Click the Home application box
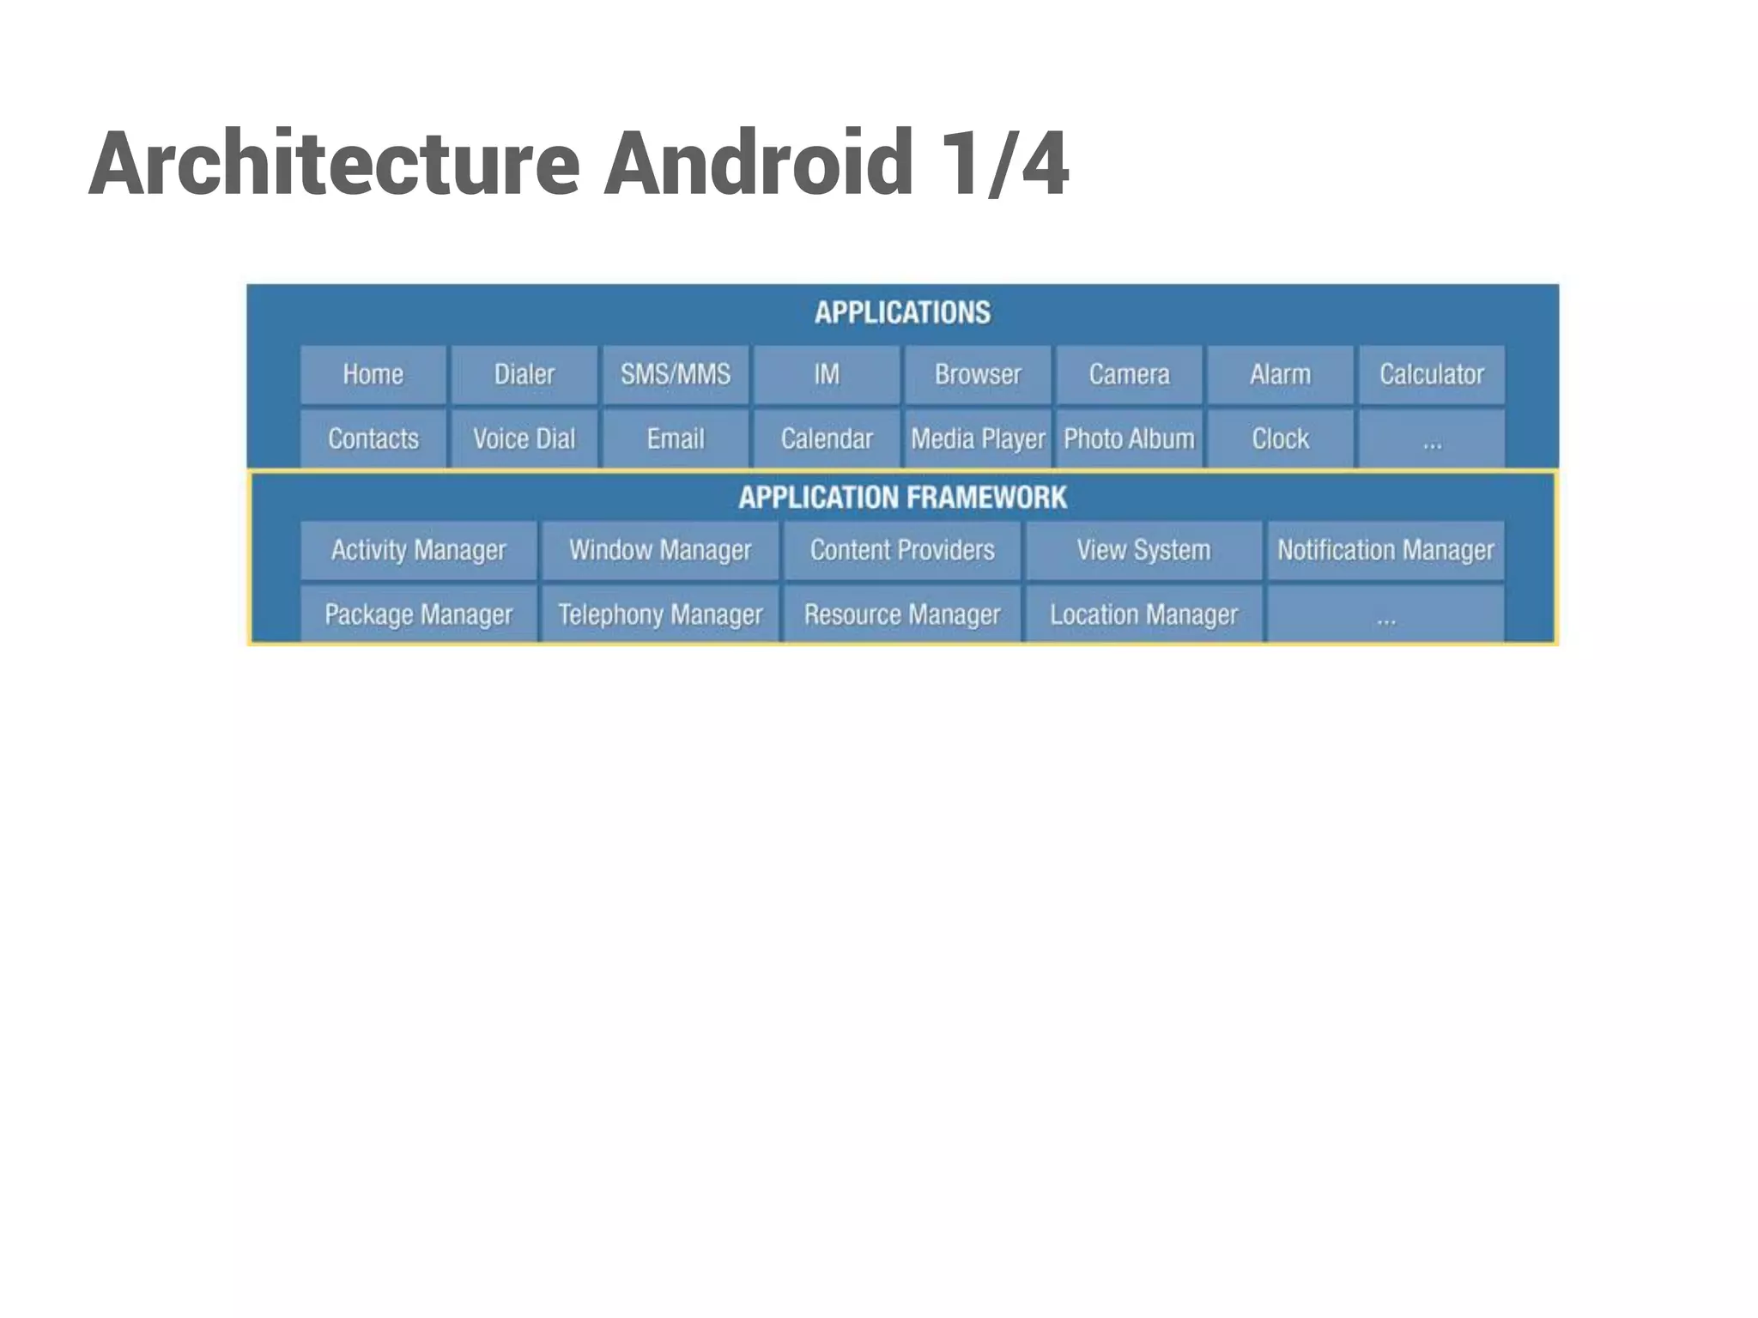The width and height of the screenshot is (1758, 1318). [373, 375]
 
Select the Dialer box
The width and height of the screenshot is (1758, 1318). [524, 375]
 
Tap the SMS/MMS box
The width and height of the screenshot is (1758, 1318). [676, 375]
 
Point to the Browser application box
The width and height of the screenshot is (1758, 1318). [978, 375]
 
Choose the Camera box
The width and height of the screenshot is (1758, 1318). [1129, 375]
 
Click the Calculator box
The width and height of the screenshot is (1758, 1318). [1431, 375]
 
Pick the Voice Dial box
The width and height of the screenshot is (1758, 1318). [524, 439]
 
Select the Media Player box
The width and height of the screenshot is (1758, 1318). [978, 439]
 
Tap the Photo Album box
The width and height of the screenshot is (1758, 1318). [1129, 439]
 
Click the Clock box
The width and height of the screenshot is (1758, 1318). [1280, 439]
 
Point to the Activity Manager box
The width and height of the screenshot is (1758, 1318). [419, 550]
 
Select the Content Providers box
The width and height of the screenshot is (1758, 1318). [902, 550]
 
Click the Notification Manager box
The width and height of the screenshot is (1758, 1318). [1385, 550]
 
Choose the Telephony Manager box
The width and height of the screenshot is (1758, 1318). [660, 614]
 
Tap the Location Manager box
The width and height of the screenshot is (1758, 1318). [1143, 614]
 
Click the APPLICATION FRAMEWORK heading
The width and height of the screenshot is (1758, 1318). [902, 498]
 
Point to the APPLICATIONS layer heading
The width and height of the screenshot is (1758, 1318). [902, 313]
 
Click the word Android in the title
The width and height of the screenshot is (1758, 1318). [758, 163]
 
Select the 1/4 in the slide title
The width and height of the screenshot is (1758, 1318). [1003, 163]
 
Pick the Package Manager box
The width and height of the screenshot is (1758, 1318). [419, 614]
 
